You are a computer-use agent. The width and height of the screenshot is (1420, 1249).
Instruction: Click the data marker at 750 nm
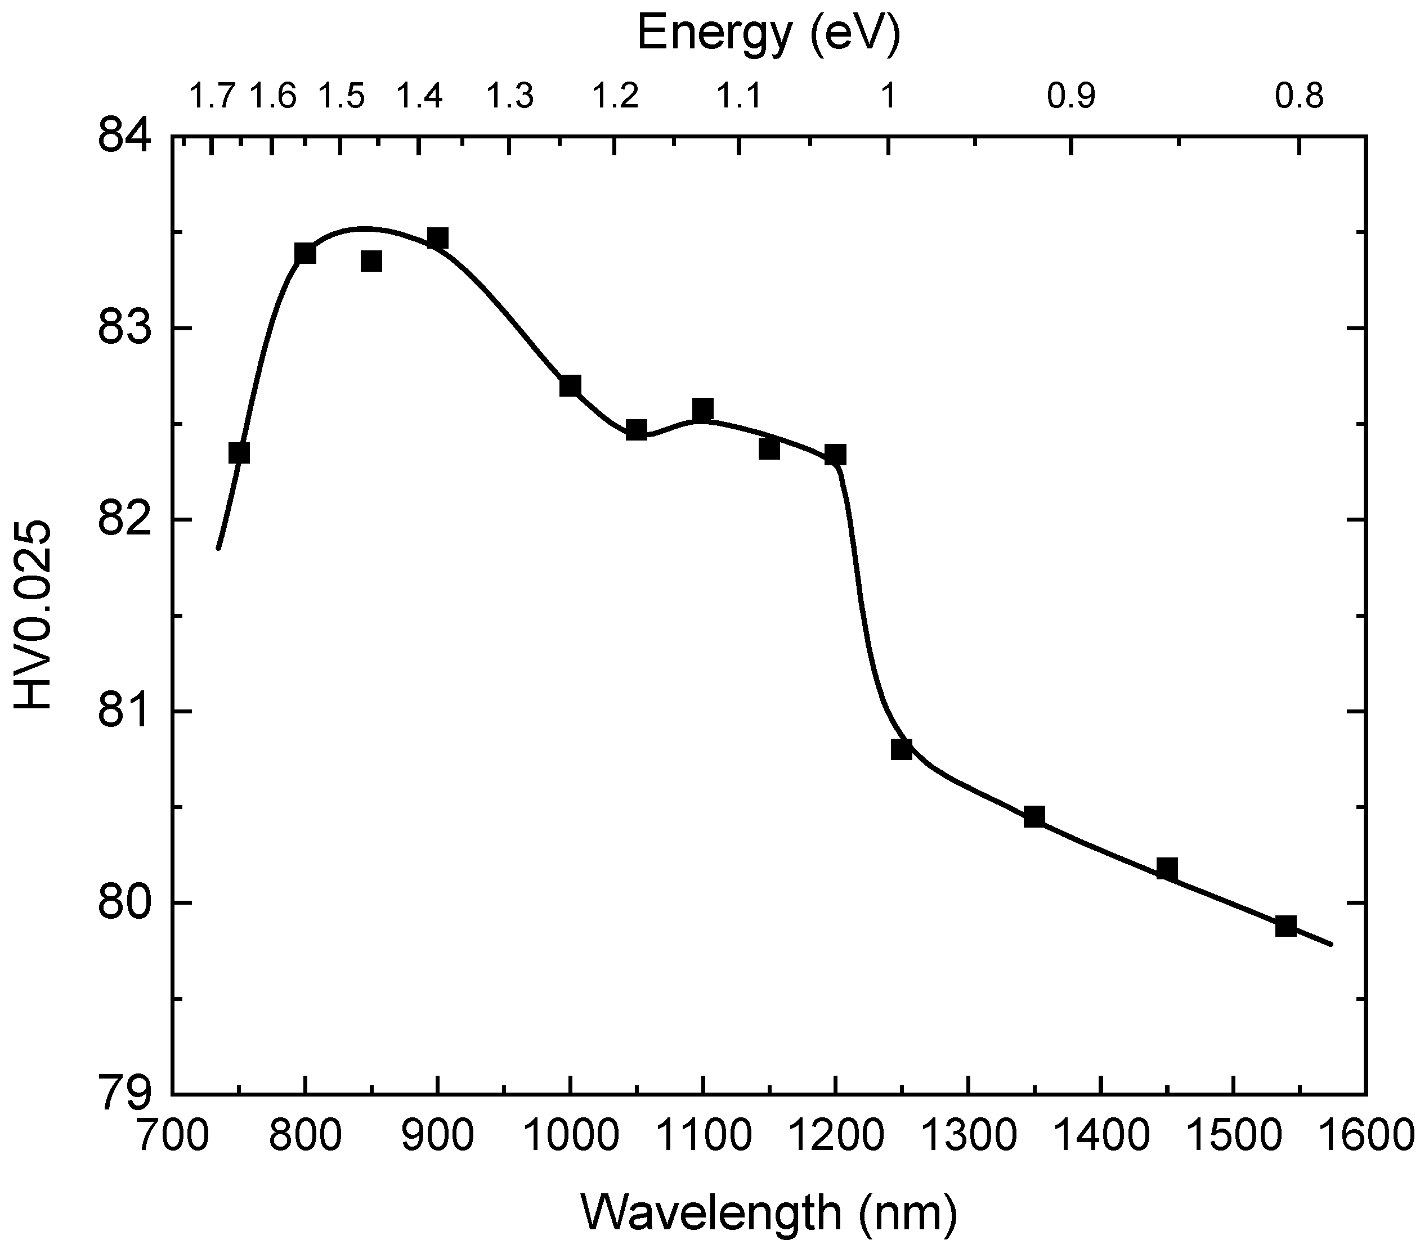click(x=239, y=453)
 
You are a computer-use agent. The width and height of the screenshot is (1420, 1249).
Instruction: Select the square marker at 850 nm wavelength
click(x=371, y=262)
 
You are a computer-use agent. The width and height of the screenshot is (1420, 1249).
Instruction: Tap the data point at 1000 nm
click(x=570, y=386)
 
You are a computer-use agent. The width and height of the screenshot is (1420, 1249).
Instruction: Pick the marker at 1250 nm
click(x=901, y=749)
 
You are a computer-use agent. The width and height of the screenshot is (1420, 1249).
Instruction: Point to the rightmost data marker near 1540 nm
click(x=1286, y=926)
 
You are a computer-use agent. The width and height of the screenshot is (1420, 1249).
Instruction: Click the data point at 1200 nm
click(x=836, y=456)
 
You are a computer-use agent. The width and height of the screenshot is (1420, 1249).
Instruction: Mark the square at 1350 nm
click(x=1034, y=816)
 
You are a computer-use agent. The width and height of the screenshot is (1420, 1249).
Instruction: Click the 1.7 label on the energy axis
click(x=212, y=96)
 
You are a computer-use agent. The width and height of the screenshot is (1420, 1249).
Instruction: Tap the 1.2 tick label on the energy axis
click(x=615, y=96)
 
